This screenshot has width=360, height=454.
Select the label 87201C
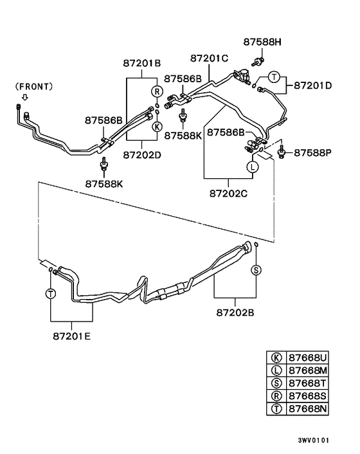pyautogui.click(x=207, y=58)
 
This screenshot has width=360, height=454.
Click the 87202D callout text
pyautogui.click(x=142, y=154)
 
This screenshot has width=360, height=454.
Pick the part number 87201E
pyautogui.click(x=71, y=335)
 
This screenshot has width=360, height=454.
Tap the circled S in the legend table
pyautogui.click(x=276, y=383)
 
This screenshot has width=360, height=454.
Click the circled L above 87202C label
pyautogui.click(x=253, y=167)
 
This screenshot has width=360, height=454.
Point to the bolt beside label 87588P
pyautogui.click(x=283, y=152)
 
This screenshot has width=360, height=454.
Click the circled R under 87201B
pyautogui.click(x=156, y=91)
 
